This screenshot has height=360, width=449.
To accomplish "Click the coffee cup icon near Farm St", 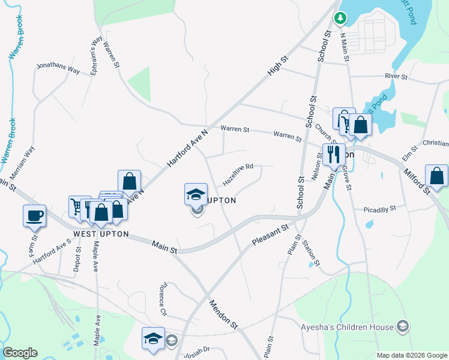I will (x=34, y=215).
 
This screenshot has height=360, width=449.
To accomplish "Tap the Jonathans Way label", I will (x=58, y=68).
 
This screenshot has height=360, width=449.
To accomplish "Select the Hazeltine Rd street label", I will (x=238, y=175).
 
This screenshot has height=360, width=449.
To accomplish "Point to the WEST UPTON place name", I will (x=101, y=234).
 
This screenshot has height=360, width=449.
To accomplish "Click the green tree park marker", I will (x=340, y=19).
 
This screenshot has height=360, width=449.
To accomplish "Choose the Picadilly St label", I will (x=380, y=209).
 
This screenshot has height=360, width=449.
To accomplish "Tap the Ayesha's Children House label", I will (x=347, y=327).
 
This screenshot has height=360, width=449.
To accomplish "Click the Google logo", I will (x=20, y=353).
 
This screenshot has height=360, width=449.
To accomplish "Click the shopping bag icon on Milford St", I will (x=436, y=176).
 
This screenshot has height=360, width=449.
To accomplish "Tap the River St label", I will (x=396, y=77).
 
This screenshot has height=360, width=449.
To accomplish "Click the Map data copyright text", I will (x=412, y=355).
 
